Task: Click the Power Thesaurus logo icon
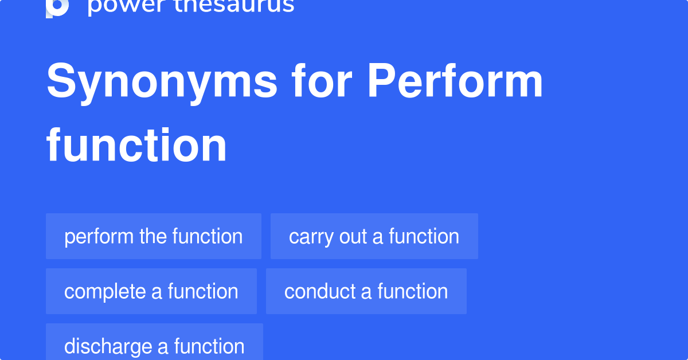click(x=57, y=7)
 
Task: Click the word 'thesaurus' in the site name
click(x=234, y=6)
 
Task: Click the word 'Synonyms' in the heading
click(x=162, y=81)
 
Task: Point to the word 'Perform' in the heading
click(x=455, y=80)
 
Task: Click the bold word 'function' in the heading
click(x=136, y=144)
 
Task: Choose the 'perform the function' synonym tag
click(x=154, y=236)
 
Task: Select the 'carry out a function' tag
click(x=374, y=236)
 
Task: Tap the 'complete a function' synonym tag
click(x=151, y=291)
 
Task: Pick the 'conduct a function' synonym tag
click(x=366, y=291)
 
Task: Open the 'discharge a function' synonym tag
click(x=154, y=342)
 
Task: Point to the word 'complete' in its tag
click(x=105, y=292)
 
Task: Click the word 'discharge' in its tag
click(x=108, y=347)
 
